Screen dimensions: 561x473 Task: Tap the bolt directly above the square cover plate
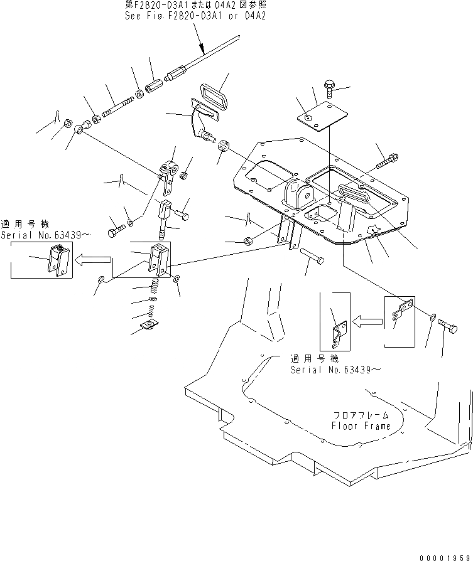(x=330, y=86)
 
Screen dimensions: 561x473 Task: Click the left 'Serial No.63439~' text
(x=45, y=235)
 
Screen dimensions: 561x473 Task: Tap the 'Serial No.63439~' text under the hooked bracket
(x=335, y=370)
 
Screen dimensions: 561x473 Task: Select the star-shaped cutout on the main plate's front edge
(x=372, y=230)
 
